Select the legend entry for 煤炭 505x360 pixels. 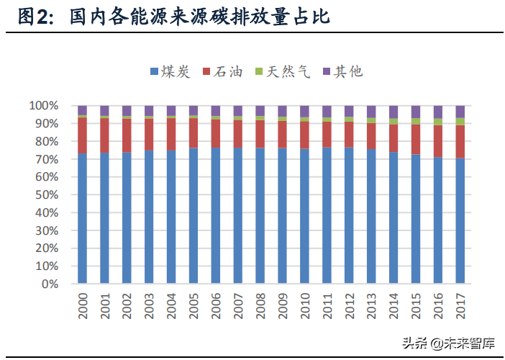tap(170, 71)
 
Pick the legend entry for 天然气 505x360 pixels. tap(282, 71)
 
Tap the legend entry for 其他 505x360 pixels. tap(342, 71)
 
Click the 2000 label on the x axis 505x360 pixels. tap(83, 305)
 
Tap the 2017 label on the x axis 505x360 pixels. tap(460, 305)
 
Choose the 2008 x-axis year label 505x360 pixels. tap(260, 305)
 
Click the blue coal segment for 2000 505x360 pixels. tap(83, 219)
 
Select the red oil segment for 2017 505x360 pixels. tap(460, 142)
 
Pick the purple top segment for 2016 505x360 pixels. tap(438, 112)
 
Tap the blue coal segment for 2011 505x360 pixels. tap(327, 216)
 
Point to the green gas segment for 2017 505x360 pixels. tap(460, 122)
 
